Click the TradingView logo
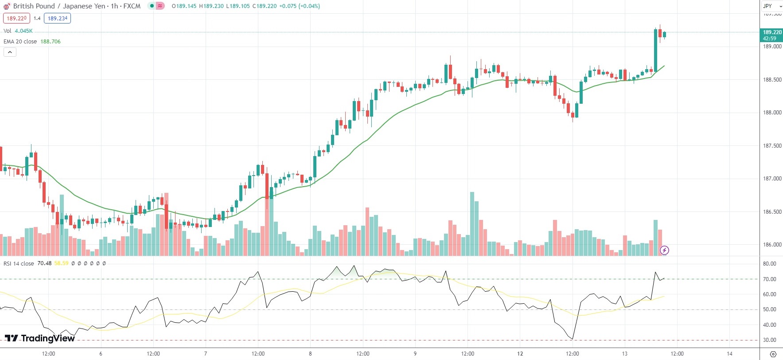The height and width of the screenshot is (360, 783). pyautogui.click(x=40, y=338)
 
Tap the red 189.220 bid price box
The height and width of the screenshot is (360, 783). pyautogui.click(x=16, y=18)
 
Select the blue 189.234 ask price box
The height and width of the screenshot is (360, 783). pyautogui.click(x=57, y=18)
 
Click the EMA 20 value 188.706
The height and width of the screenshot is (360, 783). pyautogui.click(x=51, y=42)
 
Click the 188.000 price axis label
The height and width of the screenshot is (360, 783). pyautogui.click(x=772, y=113)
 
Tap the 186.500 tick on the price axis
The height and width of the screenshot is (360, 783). pyautogui.click(x=772, y=212)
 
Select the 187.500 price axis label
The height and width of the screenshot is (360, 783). pyautogui.click(x=772, y=146)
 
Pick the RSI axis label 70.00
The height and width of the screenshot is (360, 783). pyautogui.click(x=769, y=279)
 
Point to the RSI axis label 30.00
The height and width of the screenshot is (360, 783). pyautogui.click(x=769, y=340)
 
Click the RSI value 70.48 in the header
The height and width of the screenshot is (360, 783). pyautogui.click(x=44, y=263)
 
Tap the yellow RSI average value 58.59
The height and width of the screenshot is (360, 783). pyautogui.click(x=61, y=263)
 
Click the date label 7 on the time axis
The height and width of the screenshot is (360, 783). pyautogui.click(x=206, y=354)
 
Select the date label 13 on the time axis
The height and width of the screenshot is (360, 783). pyautogui.click(x=624, y=354)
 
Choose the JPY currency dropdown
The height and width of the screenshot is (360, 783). pyautogui.click(x=771, y=6)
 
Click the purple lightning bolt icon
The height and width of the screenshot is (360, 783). pyautogui.click(x=664, y=250)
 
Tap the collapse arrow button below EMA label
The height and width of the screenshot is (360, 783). pyautogui.click(x=10, y=52)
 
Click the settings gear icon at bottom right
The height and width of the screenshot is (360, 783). pyautogui.click(x=773, y=354)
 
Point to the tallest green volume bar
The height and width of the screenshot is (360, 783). pyautogui.click(x=472, y=224)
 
